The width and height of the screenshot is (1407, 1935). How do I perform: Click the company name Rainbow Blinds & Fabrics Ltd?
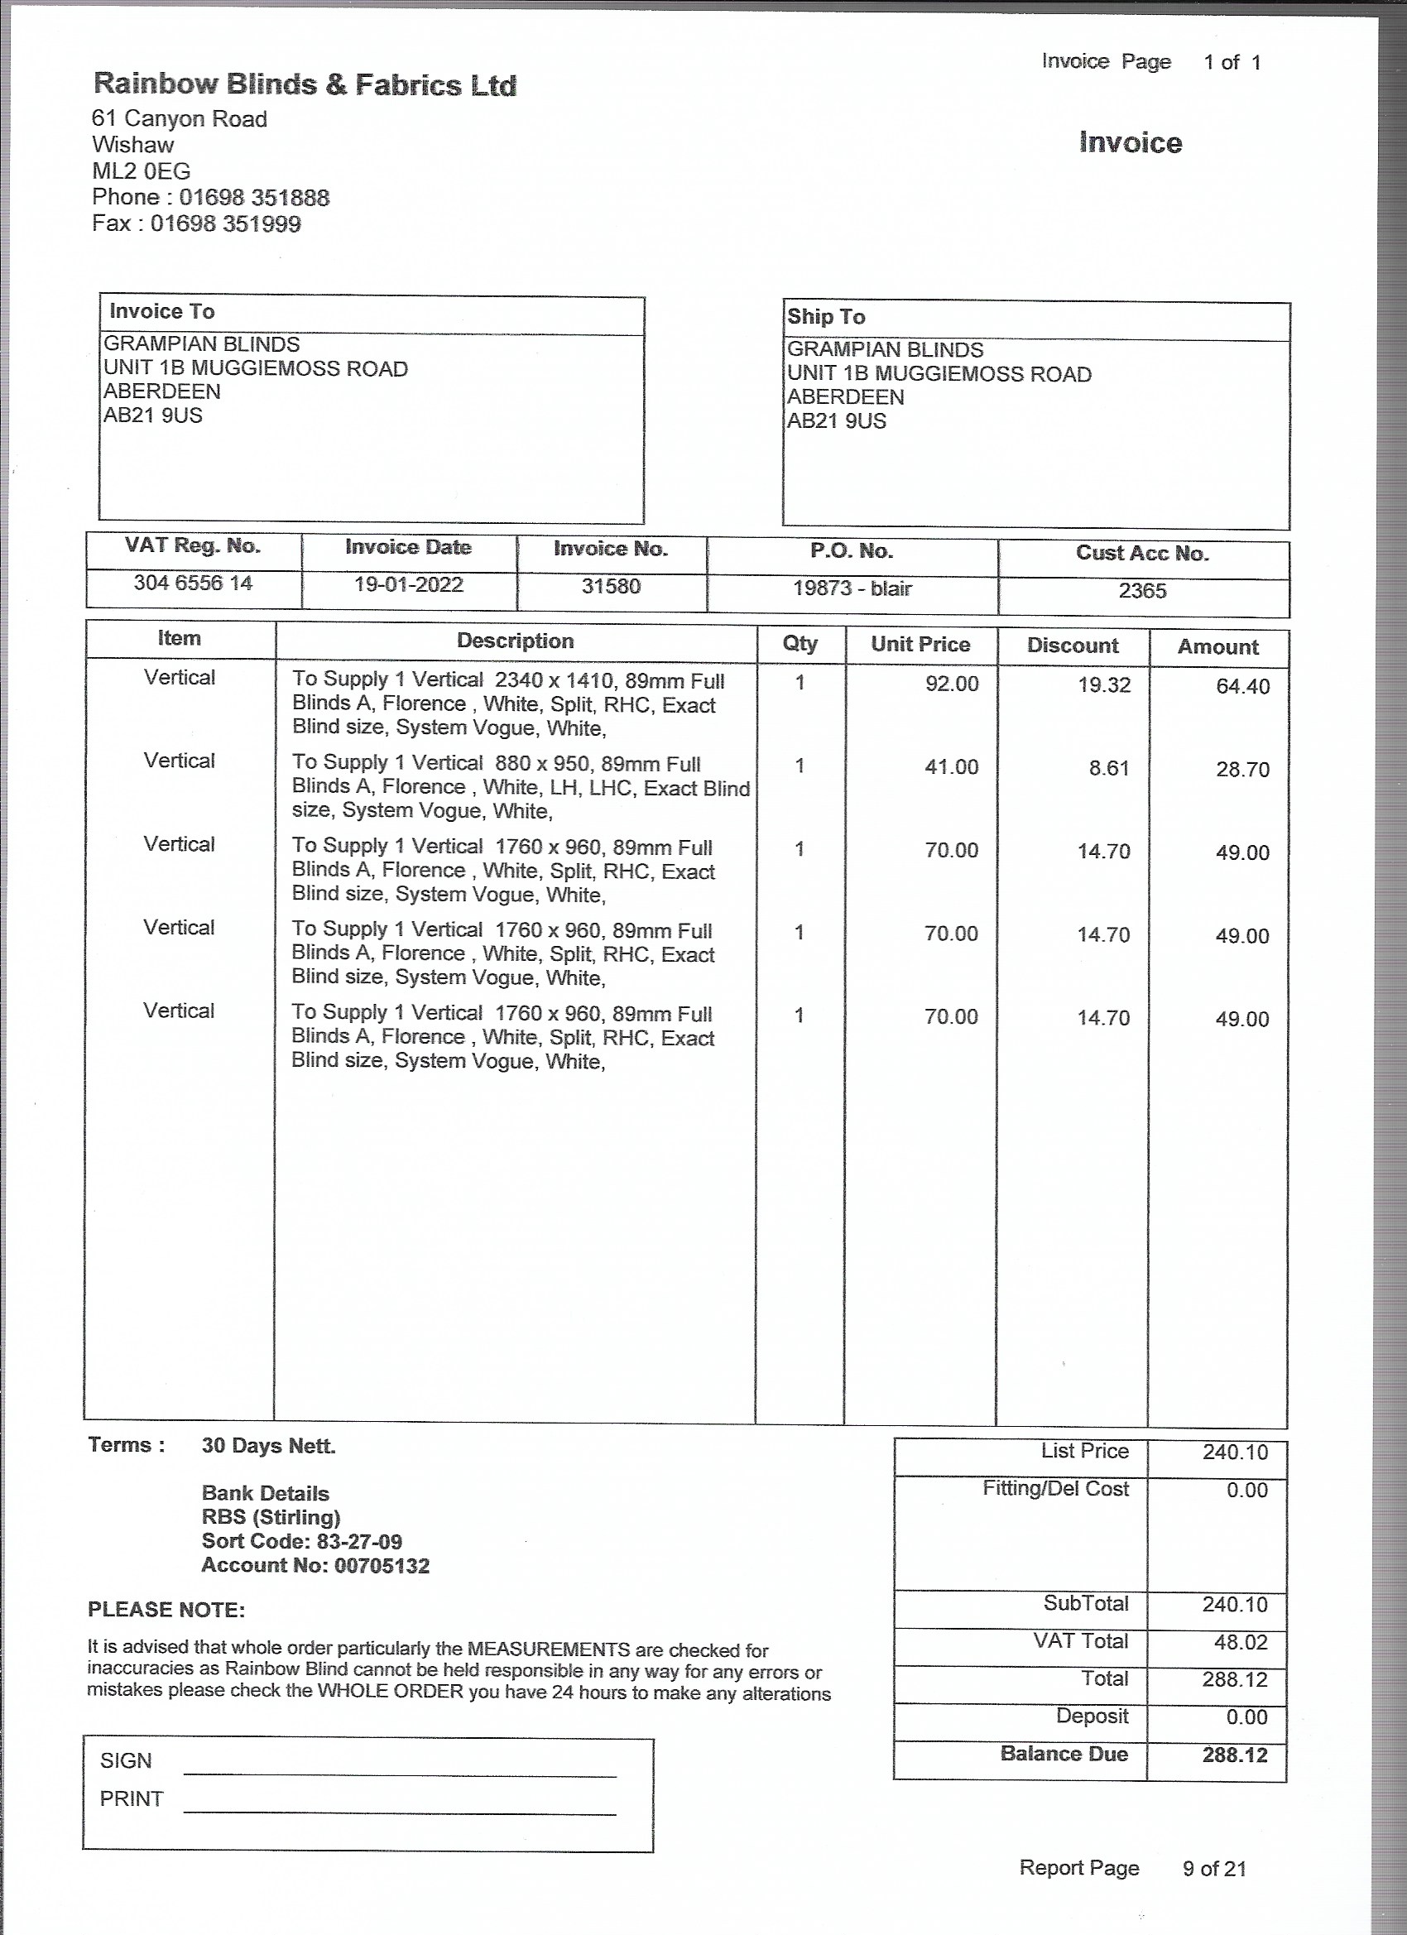[305, 84]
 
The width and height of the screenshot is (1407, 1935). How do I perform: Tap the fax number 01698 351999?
[225, 224]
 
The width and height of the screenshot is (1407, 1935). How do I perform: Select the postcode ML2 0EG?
[141, 171]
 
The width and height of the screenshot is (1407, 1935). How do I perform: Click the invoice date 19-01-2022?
[409, 585]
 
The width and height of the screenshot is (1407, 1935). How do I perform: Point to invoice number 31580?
[611, 587]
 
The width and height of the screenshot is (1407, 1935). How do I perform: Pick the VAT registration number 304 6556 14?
[193, 583]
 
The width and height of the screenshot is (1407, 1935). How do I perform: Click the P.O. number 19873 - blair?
[852, 588]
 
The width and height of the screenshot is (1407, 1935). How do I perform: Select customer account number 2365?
[1141, 591]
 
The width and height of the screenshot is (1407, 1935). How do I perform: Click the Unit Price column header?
[920, 644]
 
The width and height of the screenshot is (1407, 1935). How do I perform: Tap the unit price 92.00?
[951, 684]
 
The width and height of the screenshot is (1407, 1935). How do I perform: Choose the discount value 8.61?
[1108, 769]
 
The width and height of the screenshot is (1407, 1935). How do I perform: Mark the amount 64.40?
[1242, 687]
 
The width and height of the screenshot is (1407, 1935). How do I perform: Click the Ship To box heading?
[826, 317]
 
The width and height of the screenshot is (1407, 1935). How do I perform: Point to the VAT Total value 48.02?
[1241, 1642]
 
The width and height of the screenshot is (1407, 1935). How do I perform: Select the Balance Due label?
[1064, 1754]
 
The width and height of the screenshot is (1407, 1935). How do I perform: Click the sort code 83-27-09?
[359, 1542]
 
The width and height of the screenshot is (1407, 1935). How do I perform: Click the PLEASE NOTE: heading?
[166, 1610]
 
